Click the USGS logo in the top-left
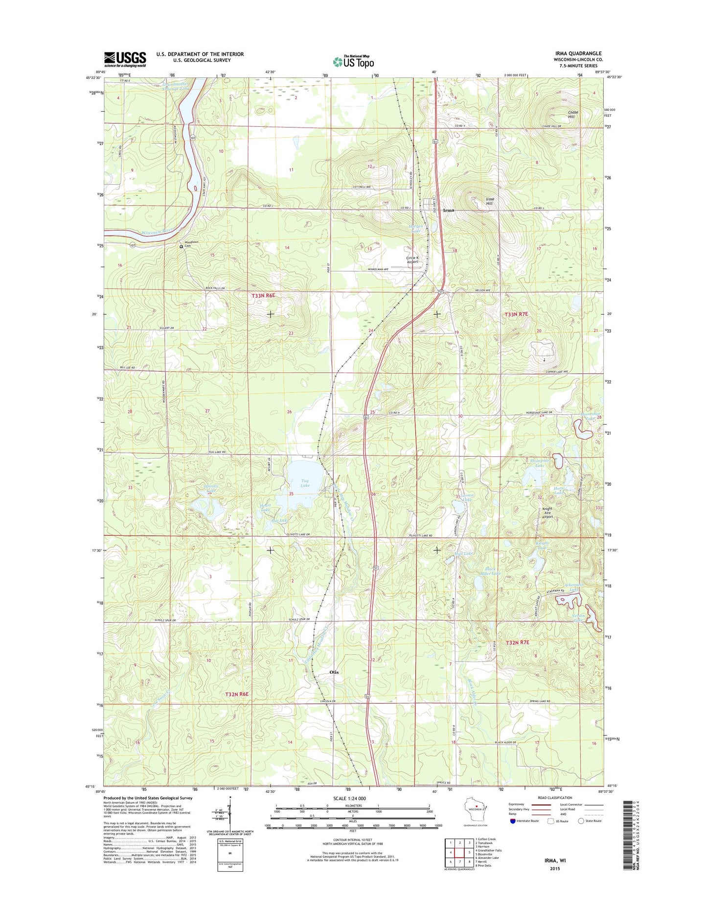point(125,59)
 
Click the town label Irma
point(448,210)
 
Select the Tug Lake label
point(305,483)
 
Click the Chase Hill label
point(573,114)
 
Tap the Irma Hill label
point(490,201)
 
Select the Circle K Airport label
point(412,260)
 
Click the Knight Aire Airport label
point(547,513)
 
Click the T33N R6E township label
point(264,296)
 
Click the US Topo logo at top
point(353,61)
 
